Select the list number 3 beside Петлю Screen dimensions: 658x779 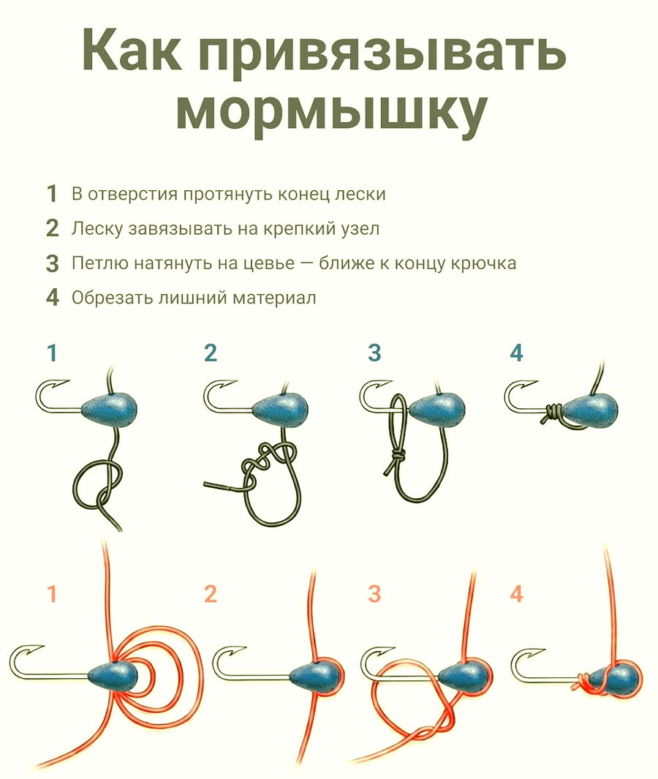(x=52, y=263)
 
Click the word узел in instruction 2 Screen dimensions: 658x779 (x=361, y=229)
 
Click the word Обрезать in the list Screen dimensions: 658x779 (x=112, y=298)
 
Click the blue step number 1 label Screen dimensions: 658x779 (x=52, y=353)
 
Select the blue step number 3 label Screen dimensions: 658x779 (x=374, y=353)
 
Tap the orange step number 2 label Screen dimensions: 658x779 (x=211, y=594)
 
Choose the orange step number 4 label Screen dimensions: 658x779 (x=516, y=594)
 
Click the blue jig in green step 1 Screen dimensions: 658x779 (x=109, y=410)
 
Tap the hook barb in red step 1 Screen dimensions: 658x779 (x=36, y=650)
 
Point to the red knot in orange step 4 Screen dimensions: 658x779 (x=583, y=684)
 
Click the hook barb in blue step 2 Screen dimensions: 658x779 (x=227, y=385)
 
